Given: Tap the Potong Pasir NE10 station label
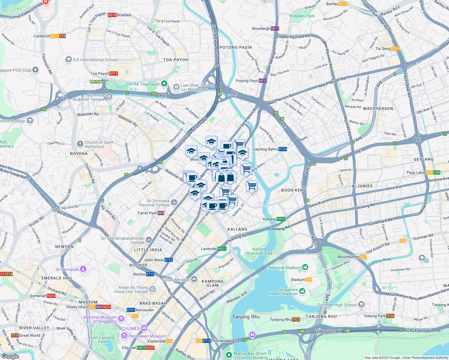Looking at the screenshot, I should tap(251, 81).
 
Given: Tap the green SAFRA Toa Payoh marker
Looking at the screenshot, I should tap(164, 84).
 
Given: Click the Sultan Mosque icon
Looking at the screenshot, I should tap(194, 280).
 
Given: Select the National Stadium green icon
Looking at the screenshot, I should tap(305, 267).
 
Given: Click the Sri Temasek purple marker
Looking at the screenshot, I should tap(83, 269).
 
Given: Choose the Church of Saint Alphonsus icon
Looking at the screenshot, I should tap(80, 144).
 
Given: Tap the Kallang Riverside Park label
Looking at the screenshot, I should tap(259, 251).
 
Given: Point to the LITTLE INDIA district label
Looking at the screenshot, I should tap(148, 250).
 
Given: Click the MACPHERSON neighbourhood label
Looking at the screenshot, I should tap(378, 109).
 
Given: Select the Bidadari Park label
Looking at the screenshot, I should tap(302, 16).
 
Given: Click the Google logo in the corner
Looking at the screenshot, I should tap(10, 356).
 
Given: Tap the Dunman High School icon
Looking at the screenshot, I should tap(361, 304).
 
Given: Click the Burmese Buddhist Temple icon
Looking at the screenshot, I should tap(109, 97).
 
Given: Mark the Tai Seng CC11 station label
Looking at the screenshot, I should tap(387, 49).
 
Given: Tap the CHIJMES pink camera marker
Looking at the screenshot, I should tap(144, 328).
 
